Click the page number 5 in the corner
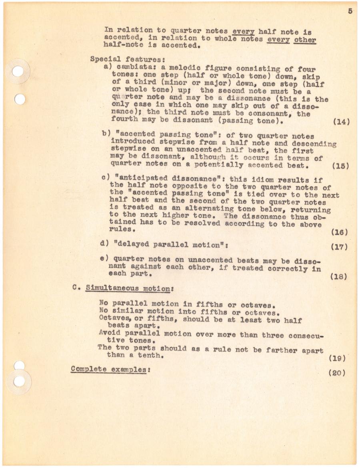(350, 11)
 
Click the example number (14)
(341, 122)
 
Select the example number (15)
(341, 166)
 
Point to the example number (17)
(339, 247)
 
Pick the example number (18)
(339, 276)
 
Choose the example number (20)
(337, 373)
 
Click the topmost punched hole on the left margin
(18, 71)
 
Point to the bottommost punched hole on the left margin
(19, 382)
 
